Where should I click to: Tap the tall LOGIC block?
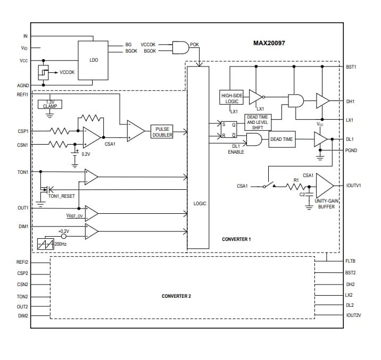point(198,157)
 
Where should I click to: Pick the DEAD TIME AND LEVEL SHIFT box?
point(257,122)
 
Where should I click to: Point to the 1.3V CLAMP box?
point(50,104)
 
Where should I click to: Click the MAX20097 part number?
point(269,43)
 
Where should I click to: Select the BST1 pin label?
point(351,66)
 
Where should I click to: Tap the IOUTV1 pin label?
point(354,186)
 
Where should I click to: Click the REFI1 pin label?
point(23,94)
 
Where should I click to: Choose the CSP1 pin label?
point(23,130)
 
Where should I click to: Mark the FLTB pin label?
point(350,261)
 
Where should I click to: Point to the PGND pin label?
point(351,150)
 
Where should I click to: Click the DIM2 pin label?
point(23,316)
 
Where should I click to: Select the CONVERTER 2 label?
point(176,296)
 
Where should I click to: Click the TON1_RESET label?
point(61,196)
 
